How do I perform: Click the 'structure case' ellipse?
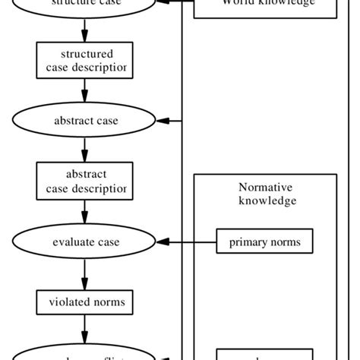pyautogui.click(x=84, y=4)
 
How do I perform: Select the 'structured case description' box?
pyautogui.click(x=84, y=60)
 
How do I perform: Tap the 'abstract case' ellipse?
pyautogui.click(x=84, y=121)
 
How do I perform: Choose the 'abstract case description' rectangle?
pyautogui.click(x=84, y=181)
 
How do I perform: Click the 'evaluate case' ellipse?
pyautogui.click(x=84, y=242)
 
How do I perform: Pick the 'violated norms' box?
pyautogui.click(x=84, y=302)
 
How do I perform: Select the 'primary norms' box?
pyautogui.click(x=264, y=242)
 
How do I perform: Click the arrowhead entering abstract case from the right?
pyautogui.click(x=163, y=121)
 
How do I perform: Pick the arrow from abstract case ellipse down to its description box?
pyautogui.click(x=84, y=150)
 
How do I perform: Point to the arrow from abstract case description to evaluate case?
pyautogui.click(x=84, y=211)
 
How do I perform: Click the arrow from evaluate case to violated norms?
pyautogui.click(x=84, y=273)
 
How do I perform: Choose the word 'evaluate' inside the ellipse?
pyautogui.click(x=72, y=242)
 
